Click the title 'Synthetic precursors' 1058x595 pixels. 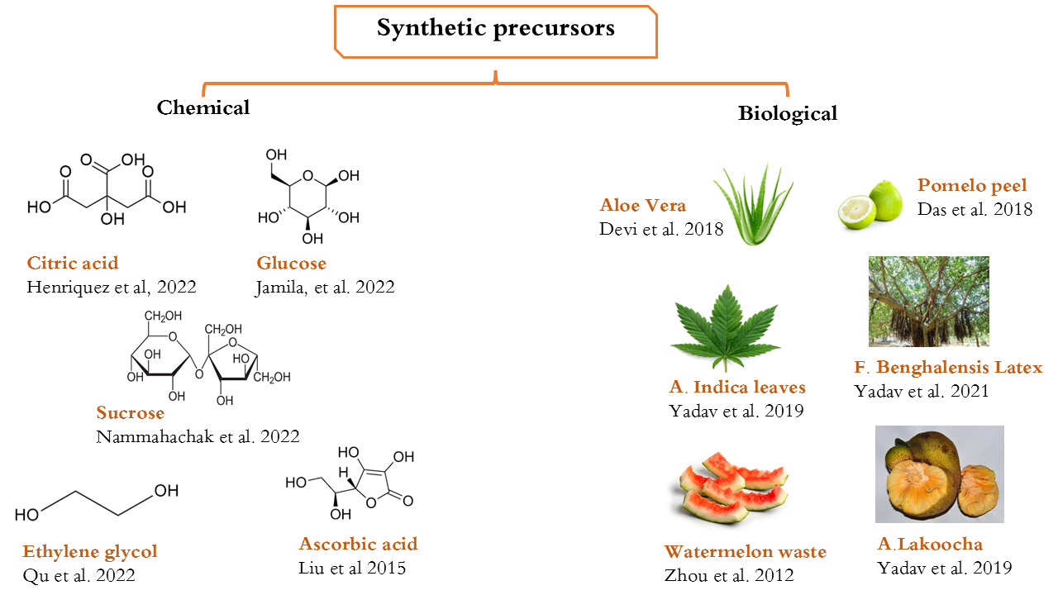[x=496, y=29]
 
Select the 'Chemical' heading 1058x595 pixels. [x=203, y=107]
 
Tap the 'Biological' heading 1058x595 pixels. [x=787, y=113]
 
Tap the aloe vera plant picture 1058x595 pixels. [x=753, y=205]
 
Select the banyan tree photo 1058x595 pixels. [x=928, y=301]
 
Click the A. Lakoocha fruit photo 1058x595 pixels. [x=939, y=474]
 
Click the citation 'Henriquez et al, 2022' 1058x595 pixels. [x=112, y=287]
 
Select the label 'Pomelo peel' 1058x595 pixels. [x=972, y=185]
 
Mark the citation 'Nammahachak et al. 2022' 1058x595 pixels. [x=198, y=436]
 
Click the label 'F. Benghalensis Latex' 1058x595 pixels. [x=948, y=367]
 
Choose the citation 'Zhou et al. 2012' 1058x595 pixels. [x=729, y=575]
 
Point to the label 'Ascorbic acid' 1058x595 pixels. [x=358, y=544]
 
